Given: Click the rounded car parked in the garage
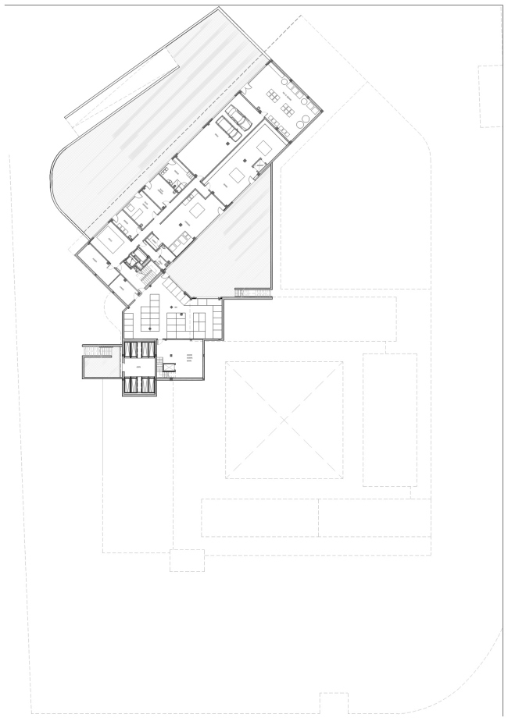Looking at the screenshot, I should pyautogui.click(x=238, y=119).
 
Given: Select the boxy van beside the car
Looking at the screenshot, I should pyautogui.click(x=230, y=128).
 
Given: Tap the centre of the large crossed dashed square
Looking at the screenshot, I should pyautogui.click(x=284, y=421).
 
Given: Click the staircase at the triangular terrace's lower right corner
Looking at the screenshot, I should pyautogui.click(x=252, y=293).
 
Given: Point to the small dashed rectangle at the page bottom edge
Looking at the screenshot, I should pyautogui.click(x=334, y=703).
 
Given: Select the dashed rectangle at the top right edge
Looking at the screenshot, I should pyautogui.click(x=490, y=96).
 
